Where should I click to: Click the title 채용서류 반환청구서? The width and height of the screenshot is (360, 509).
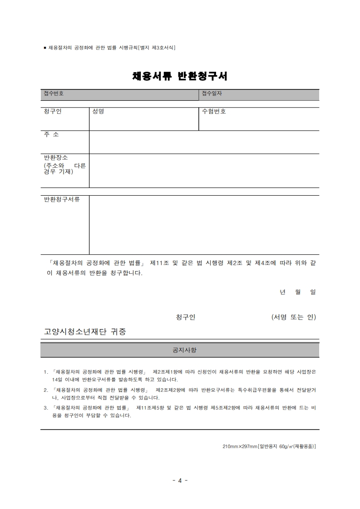(180, 76)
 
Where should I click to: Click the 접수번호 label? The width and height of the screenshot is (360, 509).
(54, 94)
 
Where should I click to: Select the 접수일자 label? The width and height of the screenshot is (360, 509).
(212, 94)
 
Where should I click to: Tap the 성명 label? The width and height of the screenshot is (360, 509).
(98, 112)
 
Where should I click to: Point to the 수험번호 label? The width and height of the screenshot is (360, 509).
(214, 112)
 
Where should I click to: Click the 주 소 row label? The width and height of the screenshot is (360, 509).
(51, 135)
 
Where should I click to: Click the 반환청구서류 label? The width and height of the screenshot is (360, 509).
(62, 199)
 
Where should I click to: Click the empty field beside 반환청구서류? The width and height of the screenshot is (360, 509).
(204, 225)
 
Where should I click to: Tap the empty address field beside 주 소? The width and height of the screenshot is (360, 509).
(204, 142)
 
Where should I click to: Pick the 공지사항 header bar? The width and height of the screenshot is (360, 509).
(180, 351)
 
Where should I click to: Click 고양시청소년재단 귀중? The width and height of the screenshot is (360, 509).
(85, 331)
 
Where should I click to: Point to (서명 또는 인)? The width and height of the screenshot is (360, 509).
(293, 317)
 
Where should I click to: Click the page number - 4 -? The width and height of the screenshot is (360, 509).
(180, 480)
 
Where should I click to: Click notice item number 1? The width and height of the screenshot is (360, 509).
(45, 371)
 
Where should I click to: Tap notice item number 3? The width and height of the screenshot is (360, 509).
(45, 408)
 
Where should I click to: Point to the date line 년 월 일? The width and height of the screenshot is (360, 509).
(298, 292)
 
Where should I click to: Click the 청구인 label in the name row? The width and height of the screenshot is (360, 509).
(53, 112)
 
